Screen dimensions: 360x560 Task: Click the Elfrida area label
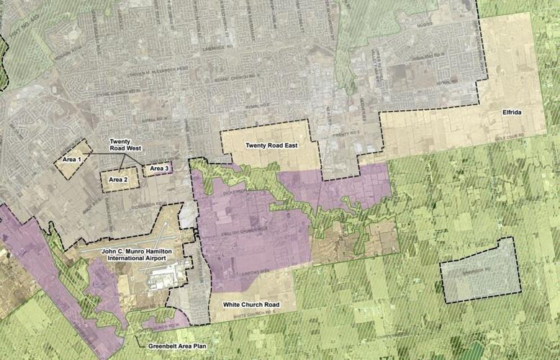(512, 114)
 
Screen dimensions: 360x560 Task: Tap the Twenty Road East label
(271, 145)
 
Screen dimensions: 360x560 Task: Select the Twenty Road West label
(126, 144)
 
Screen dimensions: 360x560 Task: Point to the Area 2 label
(119, 179)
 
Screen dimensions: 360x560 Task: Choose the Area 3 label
(158, 168)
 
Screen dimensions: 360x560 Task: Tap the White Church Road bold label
(251, 305)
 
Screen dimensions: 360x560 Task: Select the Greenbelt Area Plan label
(177, 346)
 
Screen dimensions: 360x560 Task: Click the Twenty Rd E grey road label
(346, 135)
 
